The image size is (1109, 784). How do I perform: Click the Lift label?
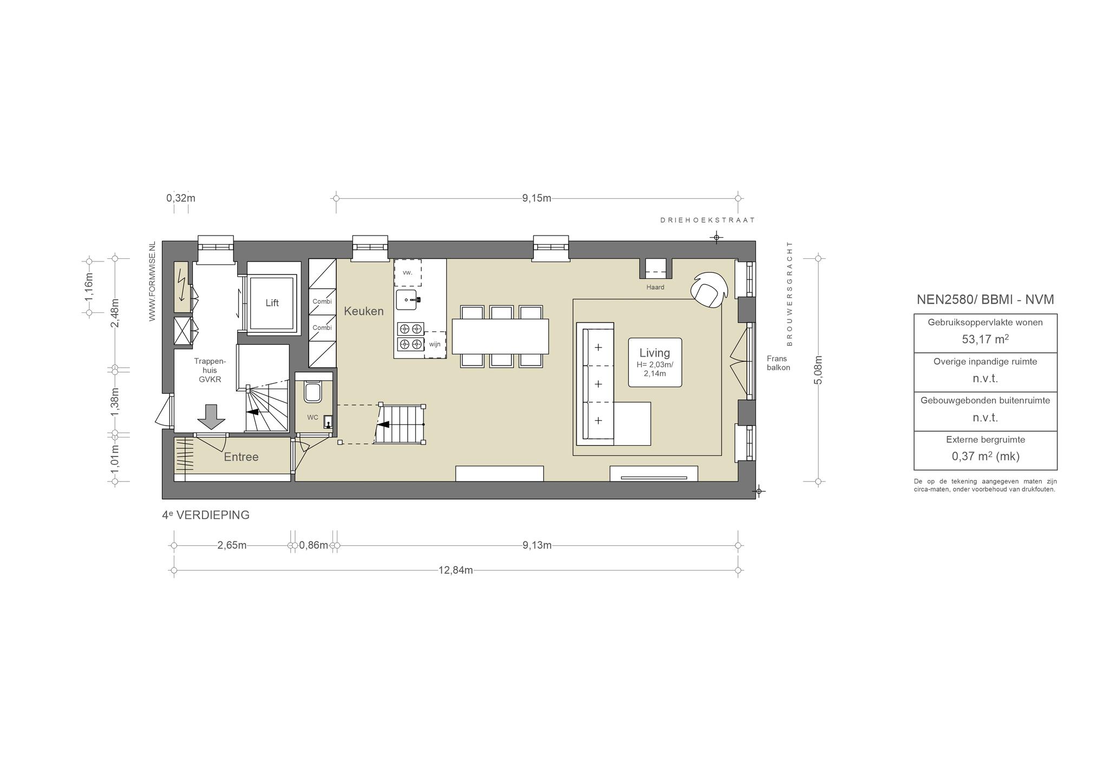tap(272, 303)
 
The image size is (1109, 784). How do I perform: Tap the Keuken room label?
tap(364, 311)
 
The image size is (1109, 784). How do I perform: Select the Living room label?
tap(655, 353)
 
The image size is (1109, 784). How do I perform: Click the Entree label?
tap(241, 457)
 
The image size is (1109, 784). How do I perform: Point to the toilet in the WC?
tap(313, 391)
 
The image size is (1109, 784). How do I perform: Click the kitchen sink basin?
tap(406, 299)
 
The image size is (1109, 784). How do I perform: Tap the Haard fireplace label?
tap(655, 287)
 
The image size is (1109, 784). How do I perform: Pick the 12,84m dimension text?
tap(455, 570)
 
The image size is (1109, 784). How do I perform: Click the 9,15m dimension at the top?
tap(537, 198)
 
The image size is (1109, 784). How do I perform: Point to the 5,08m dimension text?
tap(818, 370)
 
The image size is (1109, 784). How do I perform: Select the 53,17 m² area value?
tap(985, 339)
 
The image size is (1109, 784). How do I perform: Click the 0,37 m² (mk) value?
tap(986, 456)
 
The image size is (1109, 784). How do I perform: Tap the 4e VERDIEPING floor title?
tap(206, 515)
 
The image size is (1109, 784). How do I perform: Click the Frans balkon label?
tap(778, 363)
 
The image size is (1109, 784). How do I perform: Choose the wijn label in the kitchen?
tap(435, 344)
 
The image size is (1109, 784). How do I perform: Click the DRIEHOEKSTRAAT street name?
tap(707, 220)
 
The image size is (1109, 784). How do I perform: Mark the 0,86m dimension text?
tap(314, 545)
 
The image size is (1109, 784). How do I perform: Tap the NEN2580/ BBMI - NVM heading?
tap(986, 299)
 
